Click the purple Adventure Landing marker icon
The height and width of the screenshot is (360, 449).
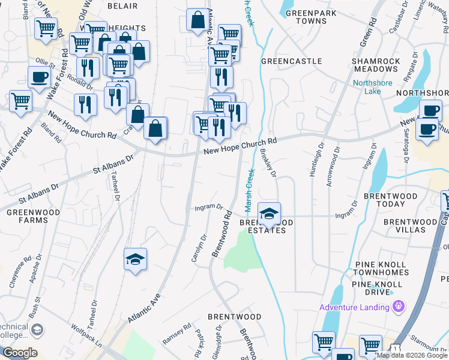click(397, 307)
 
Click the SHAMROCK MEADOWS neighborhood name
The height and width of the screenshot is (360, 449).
click(376, 65)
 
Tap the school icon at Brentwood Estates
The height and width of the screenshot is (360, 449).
click(269, 213)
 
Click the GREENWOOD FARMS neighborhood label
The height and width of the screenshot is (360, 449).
click(26, 215)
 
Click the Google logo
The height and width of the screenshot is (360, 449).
click(19, 353)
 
